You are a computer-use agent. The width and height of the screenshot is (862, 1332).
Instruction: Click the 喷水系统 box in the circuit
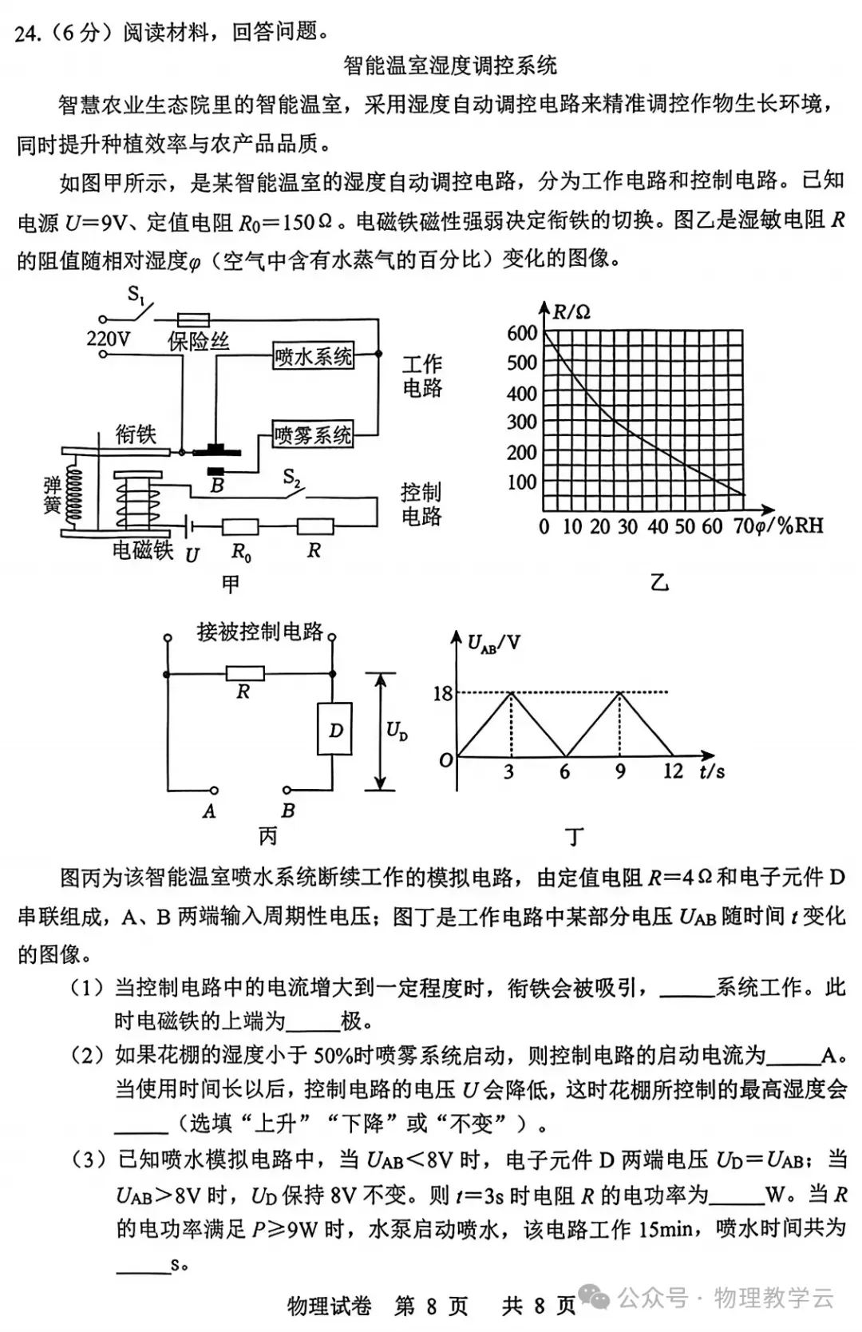click(x=313, y=356)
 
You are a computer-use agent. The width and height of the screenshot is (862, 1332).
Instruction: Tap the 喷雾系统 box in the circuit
click(x=312, y=435)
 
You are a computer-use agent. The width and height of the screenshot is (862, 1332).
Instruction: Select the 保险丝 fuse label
click(x=198, y=342)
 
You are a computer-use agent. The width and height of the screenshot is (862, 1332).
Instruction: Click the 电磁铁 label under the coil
click(x=142, y=550)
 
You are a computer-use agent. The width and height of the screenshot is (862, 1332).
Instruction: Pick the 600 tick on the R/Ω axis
click(x=522, y=333)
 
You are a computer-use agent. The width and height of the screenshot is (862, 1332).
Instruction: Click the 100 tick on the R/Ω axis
click(x=522, y=482)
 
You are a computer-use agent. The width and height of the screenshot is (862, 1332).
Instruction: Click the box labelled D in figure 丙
click(x=336, y=730)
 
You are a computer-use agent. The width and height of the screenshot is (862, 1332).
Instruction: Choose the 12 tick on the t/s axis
click(x=673, y=771)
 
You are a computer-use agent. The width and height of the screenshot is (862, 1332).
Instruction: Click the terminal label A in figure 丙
click(x=209, y=811)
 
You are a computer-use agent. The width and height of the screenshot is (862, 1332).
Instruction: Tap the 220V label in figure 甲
click(x=108, y=339)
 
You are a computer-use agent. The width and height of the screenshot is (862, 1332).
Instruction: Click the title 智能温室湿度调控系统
click(x=450, y=65)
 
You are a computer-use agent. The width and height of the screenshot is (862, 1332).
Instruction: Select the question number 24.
click(x=27, y=33)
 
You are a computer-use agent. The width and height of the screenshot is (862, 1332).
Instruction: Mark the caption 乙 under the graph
click(x=659, y=583)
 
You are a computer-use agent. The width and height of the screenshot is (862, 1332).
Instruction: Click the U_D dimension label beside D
click(x=397, y=731)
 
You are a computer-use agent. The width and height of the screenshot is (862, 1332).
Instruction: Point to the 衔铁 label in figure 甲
click(x=136, y=434)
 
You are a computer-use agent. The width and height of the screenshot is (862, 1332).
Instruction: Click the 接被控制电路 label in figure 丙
click(x=260, y=632)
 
